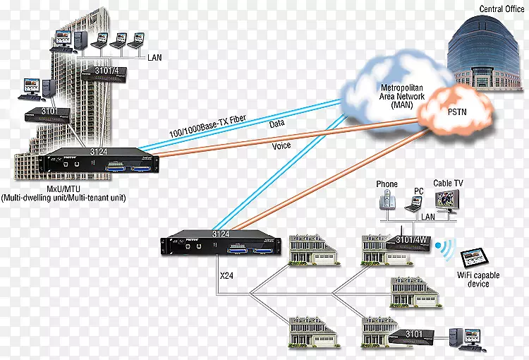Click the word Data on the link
point(278,124)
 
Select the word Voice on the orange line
point(280,146)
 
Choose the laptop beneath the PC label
point(415,205)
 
